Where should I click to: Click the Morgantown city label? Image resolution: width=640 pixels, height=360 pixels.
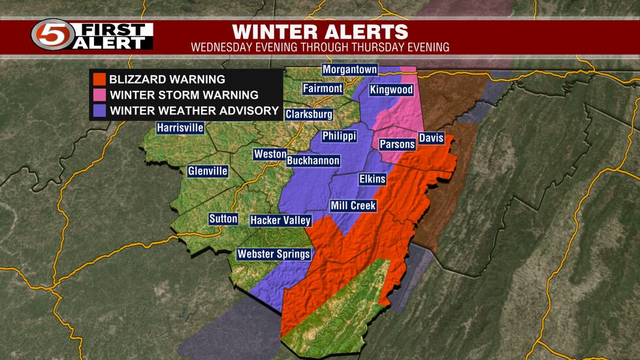pos(350,69)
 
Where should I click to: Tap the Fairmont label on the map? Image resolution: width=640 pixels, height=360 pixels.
pos(323,88)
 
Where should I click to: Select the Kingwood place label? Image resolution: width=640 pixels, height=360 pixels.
pos(391,90)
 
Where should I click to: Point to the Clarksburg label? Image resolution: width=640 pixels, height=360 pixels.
pos(309,114)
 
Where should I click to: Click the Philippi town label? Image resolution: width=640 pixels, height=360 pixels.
pos(340,137)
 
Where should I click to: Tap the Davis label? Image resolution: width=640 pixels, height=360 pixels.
pos(431,139)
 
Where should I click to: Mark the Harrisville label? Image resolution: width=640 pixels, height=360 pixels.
pos(180,128)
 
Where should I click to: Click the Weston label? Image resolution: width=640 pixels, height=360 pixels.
pos(270,154)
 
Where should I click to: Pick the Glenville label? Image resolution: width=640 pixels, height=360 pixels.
pos(208,171)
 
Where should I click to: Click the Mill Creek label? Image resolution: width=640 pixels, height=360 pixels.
pos(353,206)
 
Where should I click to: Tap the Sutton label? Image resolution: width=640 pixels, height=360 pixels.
pos(224,219)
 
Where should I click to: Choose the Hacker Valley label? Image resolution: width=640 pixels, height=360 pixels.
pos(280,221)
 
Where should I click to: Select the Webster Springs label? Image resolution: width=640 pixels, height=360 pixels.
pos(274,254)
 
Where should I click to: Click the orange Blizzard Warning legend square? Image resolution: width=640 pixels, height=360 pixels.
pos(99,80)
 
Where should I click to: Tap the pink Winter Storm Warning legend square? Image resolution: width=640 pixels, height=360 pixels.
pos(99,95)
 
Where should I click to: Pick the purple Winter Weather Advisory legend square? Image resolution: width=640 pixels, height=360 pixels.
pos(99,110)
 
